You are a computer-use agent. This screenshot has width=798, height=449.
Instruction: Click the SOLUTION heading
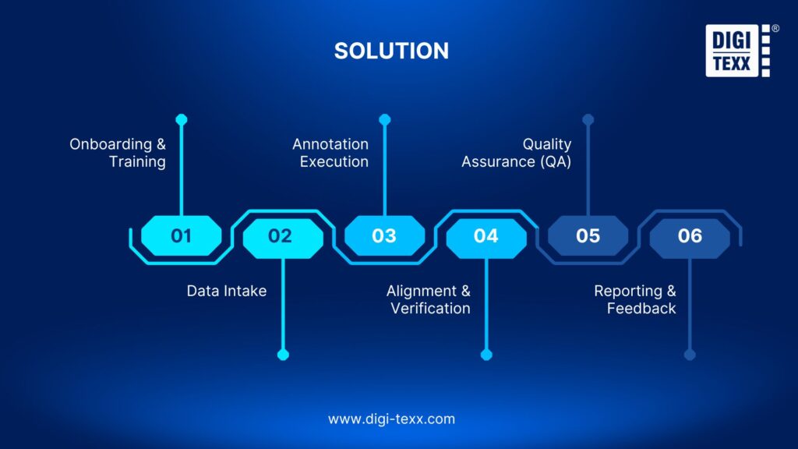point(391,51)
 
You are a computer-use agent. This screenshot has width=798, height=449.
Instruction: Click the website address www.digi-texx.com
point(391,419)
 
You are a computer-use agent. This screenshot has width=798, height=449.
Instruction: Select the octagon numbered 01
point(181,235)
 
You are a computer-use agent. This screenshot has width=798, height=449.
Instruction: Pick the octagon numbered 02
point(282,235)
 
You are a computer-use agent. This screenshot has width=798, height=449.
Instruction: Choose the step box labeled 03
point(384,235)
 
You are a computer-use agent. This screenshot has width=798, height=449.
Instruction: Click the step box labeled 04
point(486,235)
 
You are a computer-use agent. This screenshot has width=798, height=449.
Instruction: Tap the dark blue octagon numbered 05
point(588,235)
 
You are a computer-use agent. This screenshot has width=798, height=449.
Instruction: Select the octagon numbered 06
point(690,235)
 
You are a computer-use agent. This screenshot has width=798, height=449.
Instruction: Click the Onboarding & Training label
point(118,153)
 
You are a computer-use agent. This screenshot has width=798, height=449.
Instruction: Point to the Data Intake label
point(226,291)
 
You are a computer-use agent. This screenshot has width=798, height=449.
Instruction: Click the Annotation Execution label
point(331,153)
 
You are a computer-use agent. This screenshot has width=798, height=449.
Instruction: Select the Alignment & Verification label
point(429,299)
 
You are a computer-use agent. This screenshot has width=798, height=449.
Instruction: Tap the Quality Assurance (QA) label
point(517,153)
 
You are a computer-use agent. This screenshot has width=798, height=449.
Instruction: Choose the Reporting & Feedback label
point(635,299)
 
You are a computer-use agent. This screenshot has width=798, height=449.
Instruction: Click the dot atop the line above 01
point(182,120)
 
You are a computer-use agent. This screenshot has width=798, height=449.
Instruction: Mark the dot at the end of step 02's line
point(283,355)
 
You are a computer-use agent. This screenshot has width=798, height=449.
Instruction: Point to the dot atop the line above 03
point(384,120)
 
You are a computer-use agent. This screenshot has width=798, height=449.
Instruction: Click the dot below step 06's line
point(690,355)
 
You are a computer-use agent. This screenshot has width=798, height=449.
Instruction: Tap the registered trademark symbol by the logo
point(775,28)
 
